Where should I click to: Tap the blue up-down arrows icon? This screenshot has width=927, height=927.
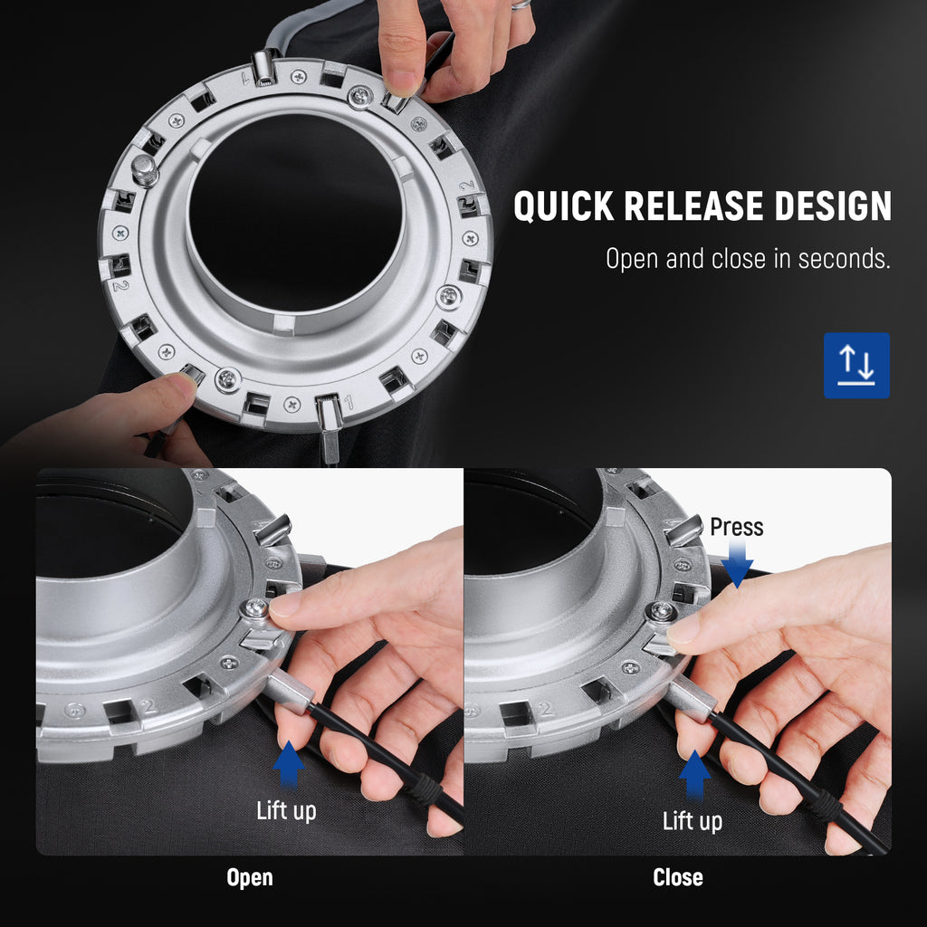coord(856,365)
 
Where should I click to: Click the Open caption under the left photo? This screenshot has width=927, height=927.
coord(250,878)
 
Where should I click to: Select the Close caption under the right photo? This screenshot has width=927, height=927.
coord(677,877)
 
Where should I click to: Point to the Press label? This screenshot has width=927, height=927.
coord(736,527)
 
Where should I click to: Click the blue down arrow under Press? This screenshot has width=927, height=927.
coord(737,565)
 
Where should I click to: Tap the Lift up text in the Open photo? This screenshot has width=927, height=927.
coord(286,811)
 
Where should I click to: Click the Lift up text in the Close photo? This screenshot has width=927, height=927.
coord(693,821)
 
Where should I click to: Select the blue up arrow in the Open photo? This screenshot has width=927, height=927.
coord(289,764)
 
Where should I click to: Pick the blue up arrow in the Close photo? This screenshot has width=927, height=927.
coord(694,775)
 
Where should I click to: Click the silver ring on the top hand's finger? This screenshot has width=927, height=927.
coord(521,5)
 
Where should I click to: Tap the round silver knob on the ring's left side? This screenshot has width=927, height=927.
coord(144,169)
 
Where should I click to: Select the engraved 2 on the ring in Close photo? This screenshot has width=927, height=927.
coord(546,708)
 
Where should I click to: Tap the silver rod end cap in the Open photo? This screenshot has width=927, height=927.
coord(287,692)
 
